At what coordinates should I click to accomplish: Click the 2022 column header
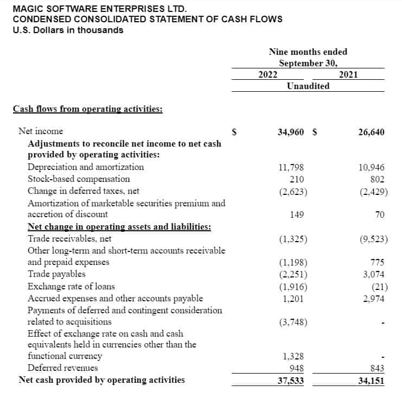268,74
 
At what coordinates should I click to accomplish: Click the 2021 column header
348,74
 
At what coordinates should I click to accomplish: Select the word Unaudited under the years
308,86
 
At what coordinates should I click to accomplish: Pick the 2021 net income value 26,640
371,131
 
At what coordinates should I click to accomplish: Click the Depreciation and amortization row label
86,167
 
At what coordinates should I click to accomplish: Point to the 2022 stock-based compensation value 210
297,179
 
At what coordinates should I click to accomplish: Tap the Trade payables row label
56,274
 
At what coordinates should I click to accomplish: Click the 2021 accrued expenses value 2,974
373,298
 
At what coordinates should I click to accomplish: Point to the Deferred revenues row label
63,368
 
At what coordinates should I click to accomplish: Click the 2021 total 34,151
371,380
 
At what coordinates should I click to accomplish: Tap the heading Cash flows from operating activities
87,109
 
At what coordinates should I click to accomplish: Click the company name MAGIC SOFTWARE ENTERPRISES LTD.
99,9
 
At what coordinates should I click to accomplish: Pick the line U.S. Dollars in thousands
68,30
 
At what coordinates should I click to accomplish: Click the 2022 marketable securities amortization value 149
297,214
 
